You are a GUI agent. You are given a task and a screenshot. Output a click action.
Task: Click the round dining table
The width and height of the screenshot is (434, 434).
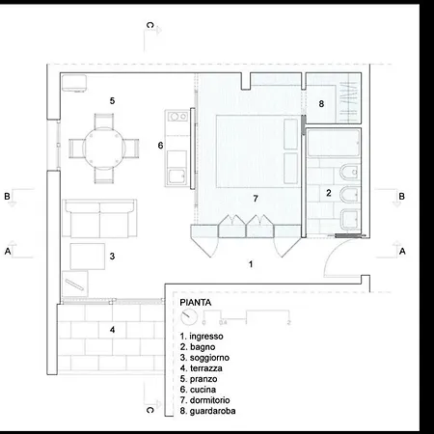coord(104,149)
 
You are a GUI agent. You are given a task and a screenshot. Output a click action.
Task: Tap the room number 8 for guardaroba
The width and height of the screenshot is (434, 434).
coord(321,104)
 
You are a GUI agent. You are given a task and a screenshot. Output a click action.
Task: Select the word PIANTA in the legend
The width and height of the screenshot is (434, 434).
coord(196,303)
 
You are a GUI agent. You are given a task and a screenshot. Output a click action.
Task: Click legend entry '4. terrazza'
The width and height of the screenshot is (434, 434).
coord(202,368)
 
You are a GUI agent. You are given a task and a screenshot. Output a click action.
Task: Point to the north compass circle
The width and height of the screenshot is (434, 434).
coord(189,317)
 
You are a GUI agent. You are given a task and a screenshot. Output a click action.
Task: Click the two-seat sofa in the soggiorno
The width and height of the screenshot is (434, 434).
coord(100,219)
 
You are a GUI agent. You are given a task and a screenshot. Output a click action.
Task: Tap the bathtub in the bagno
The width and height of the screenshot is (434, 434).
coord(333,143)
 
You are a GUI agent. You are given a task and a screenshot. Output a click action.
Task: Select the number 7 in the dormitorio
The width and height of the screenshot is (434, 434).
coord(256,199)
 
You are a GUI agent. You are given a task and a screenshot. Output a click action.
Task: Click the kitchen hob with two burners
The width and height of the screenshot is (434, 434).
coord(177,117)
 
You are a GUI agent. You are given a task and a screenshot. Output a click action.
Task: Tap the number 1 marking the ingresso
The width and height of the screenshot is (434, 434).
coord(251,264)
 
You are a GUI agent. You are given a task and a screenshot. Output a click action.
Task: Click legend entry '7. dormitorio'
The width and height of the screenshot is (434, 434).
coord(205,400)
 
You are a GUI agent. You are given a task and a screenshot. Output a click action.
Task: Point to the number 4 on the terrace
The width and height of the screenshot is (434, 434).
coord(112,330)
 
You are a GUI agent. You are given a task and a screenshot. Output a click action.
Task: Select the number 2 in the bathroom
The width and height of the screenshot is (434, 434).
coord(329,193)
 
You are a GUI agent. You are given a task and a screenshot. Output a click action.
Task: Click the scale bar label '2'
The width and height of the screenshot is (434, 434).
coord(289,322)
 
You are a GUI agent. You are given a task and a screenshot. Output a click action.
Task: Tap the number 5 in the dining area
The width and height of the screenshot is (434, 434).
coord(112,101)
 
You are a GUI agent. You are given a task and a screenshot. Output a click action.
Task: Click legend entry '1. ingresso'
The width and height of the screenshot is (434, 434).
coord(202,337)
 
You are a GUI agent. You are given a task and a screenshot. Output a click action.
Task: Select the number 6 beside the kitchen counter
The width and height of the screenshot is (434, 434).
coord(160,146)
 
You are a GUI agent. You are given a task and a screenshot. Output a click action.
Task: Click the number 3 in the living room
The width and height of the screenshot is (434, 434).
coord(112,257)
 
